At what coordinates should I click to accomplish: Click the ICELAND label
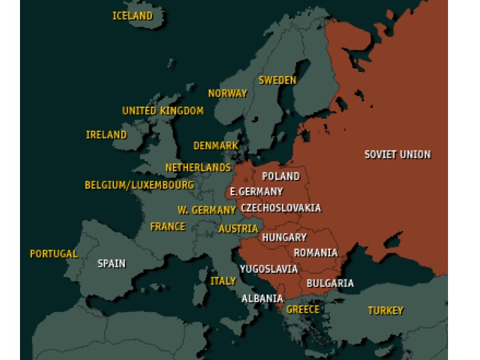coord(132,16)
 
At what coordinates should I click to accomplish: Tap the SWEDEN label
coord(277,80)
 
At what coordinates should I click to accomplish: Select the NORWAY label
coord(227,93)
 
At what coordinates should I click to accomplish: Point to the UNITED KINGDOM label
coord(163,111)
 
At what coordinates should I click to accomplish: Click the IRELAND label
coord(106,135)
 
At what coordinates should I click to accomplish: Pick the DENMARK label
coord(215,145)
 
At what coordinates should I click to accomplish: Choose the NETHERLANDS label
coord(198,168)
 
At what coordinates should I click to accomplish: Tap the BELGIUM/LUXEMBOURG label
coord(139,185)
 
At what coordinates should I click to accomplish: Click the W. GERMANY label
coord(206,210)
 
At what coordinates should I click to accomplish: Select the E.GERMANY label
coord(256,191)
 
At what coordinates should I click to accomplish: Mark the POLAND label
coord(281,177)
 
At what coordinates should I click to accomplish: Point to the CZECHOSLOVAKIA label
coord(281,208)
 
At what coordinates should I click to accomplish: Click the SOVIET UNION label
coord(397,155)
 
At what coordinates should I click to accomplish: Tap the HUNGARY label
coord(284,237)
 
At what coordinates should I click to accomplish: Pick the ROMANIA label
coord(315,253)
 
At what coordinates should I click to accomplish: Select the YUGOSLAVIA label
coord(269,269)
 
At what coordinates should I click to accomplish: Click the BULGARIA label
coord(330,283)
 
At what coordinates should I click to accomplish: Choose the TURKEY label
coord(385,311)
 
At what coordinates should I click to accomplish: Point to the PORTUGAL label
coord(54,254)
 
